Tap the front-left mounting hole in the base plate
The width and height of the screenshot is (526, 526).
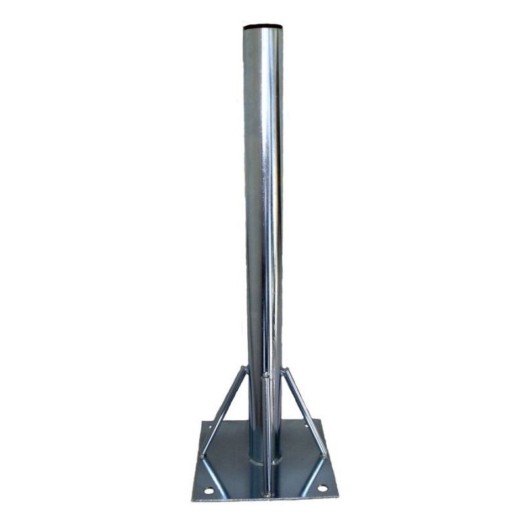point(208,490)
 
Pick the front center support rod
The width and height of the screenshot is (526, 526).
point(266,434)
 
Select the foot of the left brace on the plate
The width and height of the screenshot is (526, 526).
point(203,455)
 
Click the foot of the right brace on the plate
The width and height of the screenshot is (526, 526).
point(323,455)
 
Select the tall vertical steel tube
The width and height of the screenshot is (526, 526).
point(263,197)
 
